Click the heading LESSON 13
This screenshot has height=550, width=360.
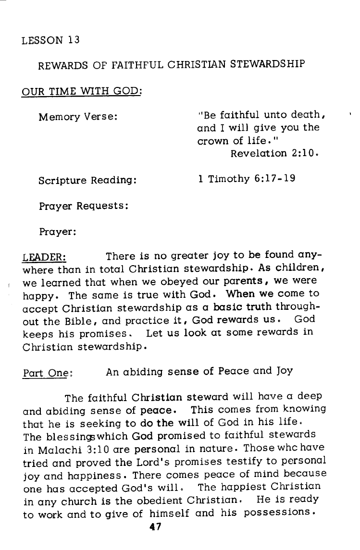coord(50,40)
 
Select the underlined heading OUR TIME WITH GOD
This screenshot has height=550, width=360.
coord(81,90)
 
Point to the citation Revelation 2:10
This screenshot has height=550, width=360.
coord(274,154)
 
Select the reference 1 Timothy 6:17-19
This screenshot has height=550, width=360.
coord(247,179)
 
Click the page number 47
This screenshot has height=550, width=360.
coord(155,526)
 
